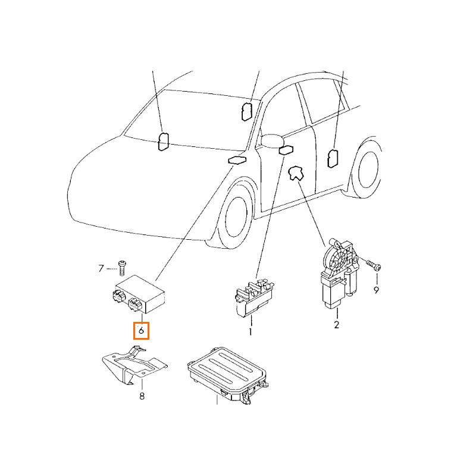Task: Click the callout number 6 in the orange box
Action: [x=141, y=330]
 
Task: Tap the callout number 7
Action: [x=101, y=268]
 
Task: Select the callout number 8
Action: [x=142, y=396]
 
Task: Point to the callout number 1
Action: [x=250, y=332]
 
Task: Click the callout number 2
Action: [x=336, y=324]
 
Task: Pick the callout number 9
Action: [x=376, y=290]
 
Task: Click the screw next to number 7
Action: [x=122, y=268]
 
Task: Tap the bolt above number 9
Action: [x=374, y=265]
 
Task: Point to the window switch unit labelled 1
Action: [x=255, y=299]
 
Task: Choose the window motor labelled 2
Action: [x=339, y=273]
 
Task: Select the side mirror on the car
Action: [x=272, y=140]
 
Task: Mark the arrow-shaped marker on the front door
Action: [x=296, y=173]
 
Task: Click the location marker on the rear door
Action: [x=333, y=158]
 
